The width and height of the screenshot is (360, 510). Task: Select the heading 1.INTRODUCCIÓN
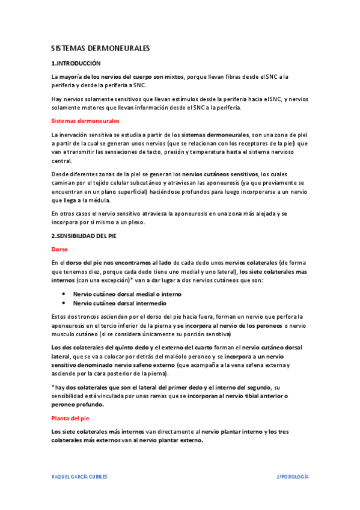click(76, 63)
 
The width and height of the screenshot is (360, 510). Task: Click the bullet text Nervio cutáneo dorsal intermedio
click(120, 304)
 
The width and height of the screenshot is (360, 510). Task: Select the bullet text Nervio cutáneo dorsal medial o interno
click(127, 294)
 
